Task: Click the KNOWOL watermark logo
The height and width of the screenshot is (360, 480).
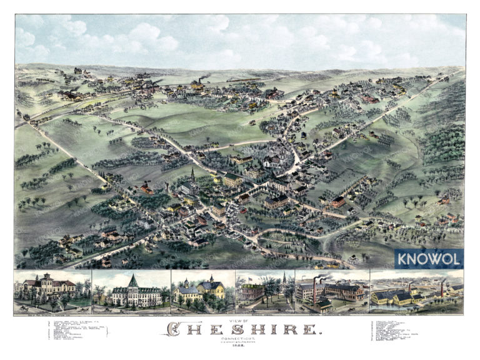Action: click(429, 258)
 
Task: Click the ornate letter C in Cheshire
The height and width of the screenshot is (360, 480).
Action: click(179, 327)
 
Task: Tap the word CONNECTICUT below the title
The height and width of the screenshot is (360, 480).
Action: click(239, 338)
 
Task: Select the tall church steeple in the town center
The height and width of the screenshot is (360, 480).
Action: click(193, 175)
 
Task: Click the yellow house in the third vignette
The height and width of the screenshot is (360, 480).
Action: click(212, 289)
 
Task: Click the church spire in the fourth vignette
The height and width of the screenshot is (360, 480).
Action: click(282, 279)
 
